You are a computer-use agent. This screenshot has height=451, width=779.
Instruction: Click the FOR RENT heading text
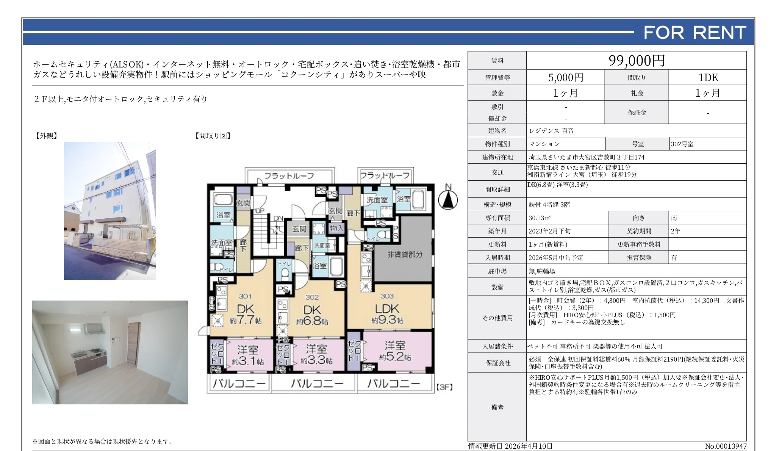(695, 33)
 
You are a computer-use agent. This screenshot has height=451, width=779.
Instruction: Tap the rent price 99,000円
(637, 61)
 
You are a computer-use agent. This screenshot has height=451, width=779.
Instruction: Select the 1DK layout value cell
(708, 78)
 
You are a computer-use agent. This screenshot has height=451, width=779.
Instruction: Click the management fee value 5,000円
(565, 78)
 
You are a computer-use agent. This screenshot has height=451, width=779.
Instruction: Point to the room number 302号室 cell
(682, 144)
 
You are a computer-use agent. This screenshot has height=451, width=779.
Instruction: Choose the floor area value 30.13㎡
(539, 218)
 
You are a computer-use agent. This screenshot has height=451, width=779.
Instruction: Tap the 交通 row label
(497, 172)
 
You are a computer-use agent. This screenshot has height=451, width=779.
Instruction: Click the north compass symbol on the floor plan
(448, 199)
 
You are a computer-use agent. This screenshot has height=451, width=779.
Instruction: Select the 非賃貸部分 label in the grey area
(404, 254)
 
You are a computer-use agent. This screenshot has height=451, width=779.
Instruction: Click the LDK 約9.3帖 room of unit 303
(387, 314)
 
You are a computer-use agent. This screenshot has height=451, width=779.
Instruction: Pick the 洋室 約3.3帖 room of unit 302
(316, 354)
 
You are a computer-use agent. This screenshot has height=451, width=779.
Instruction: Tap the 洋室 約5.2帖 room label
(395, 351)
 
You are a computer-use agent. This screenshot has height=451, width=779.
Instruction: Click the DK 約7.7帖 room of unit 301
(245, 315)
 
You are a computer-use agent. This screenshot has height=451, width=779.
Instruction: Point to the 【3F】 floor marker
(444, 387)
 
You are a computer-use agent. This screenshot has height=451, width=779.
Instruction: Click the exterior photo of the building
(110, 210)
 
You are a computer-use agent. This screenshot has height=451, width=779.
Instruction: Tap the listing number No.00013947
(725, 446)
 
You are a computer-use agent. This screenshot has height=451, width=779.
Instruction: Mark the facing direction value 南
(674, 218)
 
